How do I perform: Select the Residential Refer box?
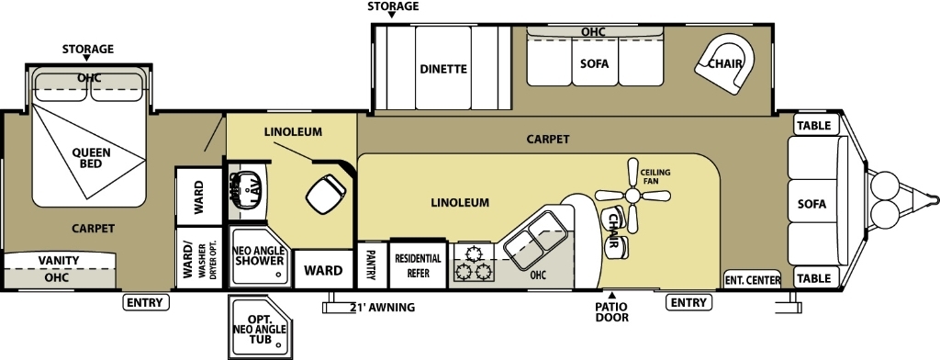[418, 265]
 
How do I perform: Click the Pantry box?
[372, 265]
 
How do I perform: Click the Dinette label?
[444, 69]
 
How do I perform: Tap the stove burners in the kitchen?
[472, 262]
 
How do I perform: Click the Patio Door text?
[612, 312]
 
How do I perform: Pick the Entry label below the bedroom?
[144, 302]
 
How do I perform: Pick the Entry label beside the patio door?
[688, 302]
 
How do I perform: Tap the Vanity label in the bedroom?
[58, 261]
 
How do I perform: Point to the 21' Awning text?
[381, 307]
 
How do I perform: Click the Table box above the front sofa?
[813, 126]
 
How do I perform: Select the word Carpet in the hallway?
[548, 140]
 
